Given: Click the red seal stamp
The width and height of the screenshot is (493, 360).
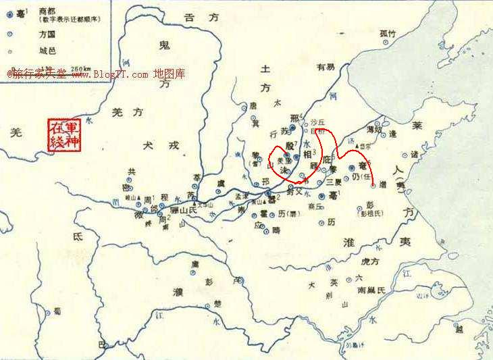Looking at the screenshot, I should pos(65,135).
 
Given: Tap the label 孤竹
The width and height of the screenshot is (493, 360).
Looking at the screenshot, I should pos(388,32).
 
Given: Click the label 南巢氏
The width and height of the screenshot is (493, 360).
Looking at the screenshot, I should pos(370,289).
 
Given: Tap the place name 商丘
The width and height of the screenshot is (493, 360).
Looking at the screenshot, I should pos(315,207).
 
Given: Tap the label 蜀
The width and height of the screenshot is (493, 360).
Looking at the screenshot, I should pos(57,310).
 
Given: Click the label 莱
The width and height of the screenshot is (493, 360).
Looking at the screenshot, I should pos(418,126).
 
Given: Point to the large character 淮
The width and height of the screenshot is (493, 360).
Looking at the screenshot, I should pos(349,241).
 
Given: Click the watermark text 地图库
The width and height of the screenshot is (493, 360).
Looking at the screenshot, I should pos(169,74).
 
